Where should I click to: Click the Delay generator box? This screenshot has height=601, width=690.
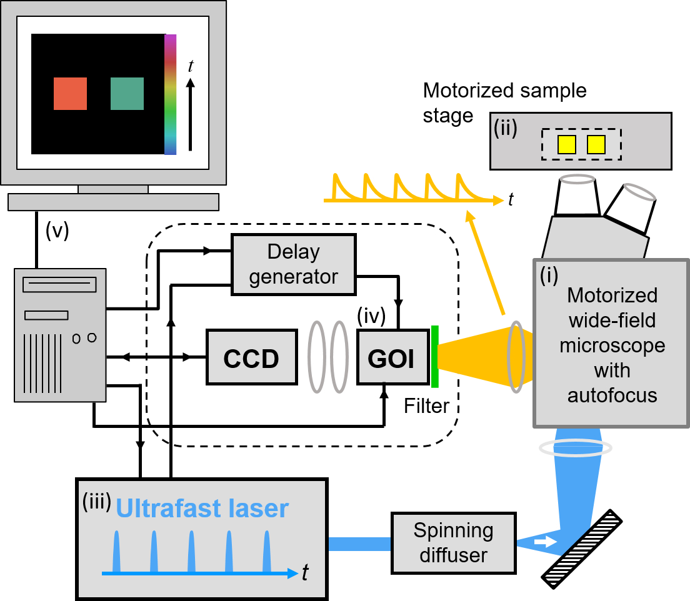tap(293, 264)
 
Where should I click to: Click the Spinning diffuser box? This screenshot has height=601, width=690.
tap(453, 543)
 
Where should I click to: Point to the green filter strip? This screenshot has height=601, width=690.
tap(434, 356)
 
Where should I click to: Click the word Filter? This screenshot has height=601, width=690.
tap(426, 406)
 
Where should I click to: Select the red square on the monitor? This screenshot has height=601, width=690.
tap(70, 94)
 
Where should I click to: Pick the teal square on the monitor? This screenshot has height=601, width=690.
tap(127, 94)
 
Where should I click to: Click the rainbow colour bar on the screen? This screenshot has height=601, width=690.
tap(170, 94)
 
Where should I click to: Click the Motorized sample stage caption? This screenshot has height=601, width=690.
tap(504, 102)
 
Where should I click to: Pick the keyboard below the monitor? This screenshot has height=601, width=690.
tap(114, 202)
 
